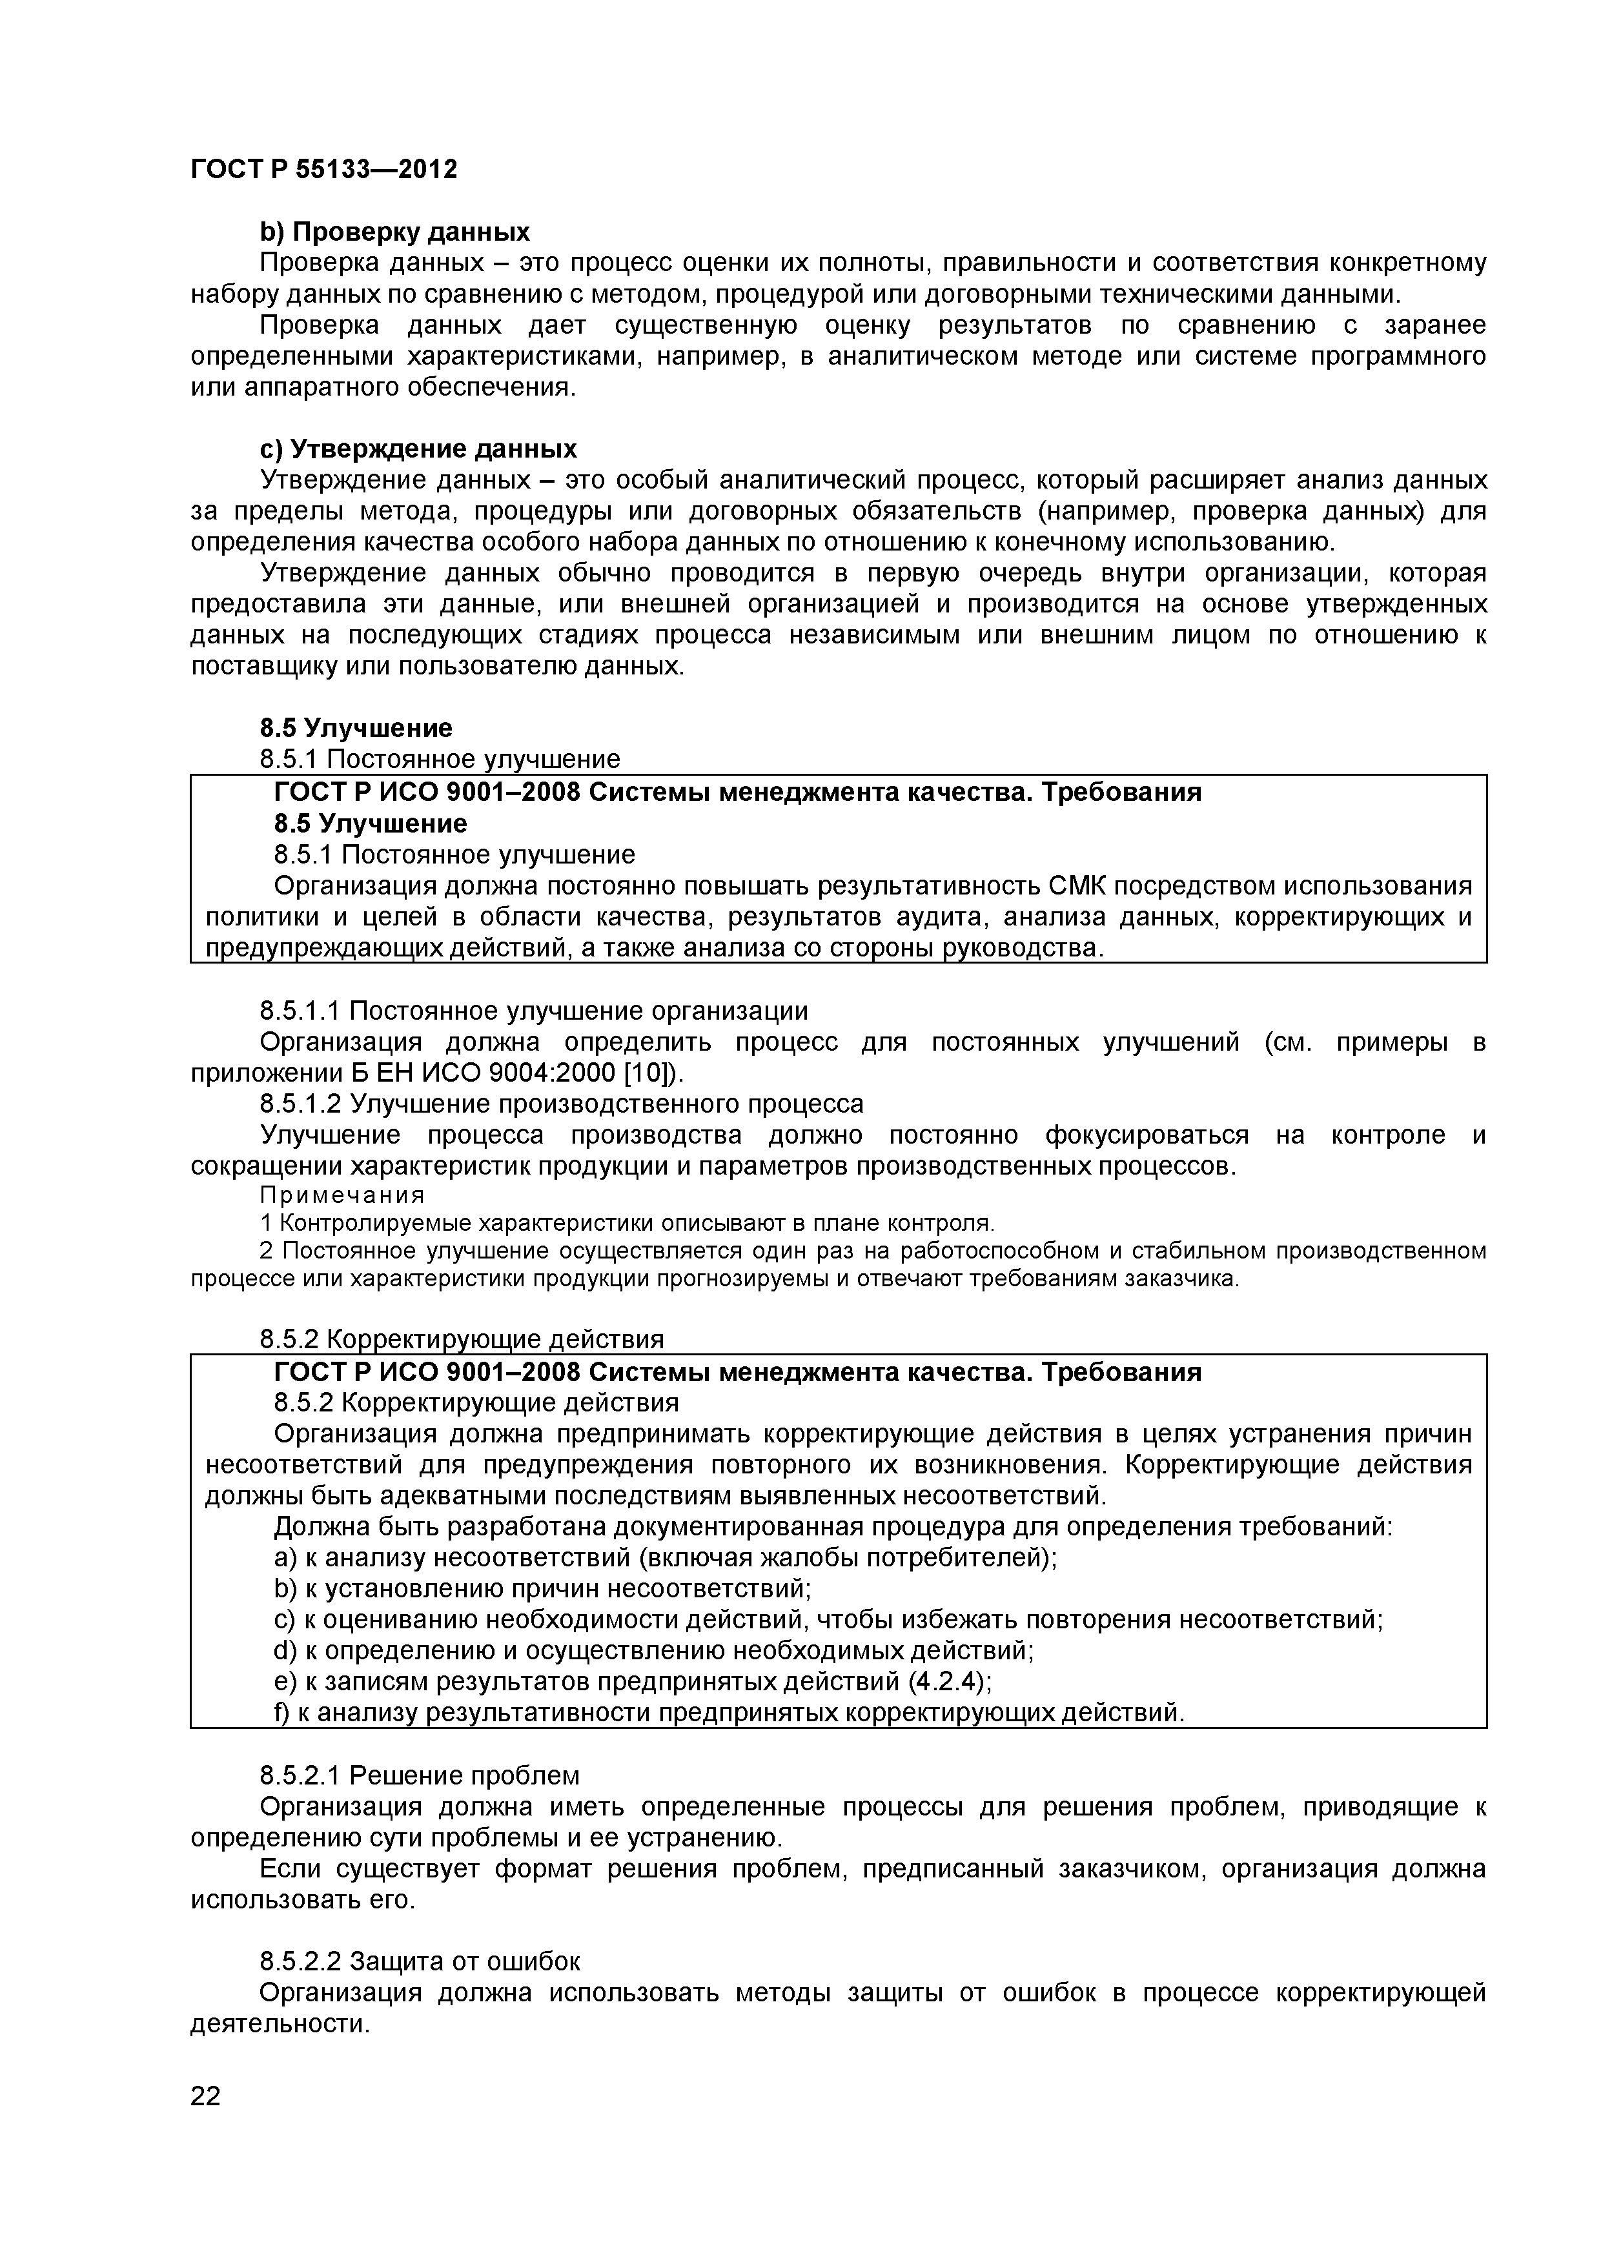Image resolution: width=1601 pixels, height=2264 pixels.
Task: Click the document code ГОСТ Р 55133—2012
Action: tap(323, 170)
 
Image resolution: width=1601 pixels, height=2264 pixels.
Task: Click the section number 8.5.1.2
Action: tap(301, 1104)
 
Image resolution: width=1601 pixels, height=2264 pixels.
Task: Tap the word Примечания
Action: tap(342, 1195)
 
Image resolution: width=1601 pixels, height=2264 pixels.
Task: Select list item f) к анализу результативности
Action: tap(728, 1713)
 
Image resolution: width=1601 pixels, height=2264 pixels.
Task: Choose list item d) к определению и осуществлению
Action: tap(653, 1651)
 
